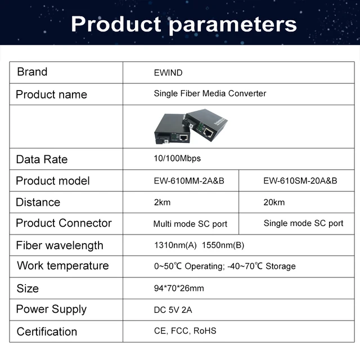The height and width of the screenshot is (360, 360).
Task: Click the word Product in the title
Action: (x=116, y=24)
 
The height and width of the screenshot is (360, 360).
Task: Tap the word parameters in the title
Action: (x=233, y=25)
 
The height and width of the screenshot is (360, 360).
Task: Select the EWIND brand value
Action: (x=168, y=73)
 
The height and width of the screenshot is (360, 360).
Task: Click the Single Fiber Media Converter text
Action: (x=210, y=93)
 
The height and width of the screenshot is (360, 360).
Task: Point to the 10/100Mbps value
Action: (x=177, y=159)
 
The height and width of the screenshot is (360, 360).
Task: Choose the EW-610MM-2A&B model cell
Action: (x=189, y=181)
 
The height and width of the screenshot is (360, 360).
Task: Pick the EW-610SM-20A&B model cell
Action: (x=300, y=181)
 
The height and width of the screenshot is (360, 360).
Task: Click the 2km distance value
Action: (x=163, y=202)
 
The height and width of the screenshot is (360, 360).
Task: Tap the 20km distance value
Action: (x=274, y=202)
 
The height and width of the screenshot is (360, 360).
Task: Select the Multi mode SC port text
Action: (x=190, y=224)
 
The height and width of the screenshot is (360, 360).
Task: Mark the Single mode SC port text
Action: (x=304, y=223)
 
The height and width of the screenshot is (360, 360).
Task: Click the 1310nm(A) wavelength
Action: (x=175, y=245)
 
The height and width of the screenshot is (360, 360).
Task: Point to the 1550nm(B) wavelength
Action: (x=223, y=245)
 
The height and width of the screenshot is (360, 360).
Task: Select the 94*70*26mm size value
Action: (x=179, y=288)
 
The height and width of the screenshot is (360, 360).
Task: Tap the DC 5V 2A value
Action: (x=173, y=310)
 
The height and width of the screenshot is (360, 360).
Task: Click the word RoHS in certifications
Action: (x=205, y=331)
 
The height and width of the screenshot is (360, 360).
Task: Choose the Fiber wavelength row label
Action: (x=60, y=246)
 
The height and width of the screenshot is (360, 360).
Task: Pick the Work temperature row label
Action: (x=63, y=266)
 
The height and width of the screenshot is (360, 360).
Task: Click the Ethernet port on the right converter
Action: (x=208, y=132)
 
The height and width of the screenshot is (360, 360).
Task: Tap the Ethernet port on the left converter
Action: (x=184, y=138)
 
